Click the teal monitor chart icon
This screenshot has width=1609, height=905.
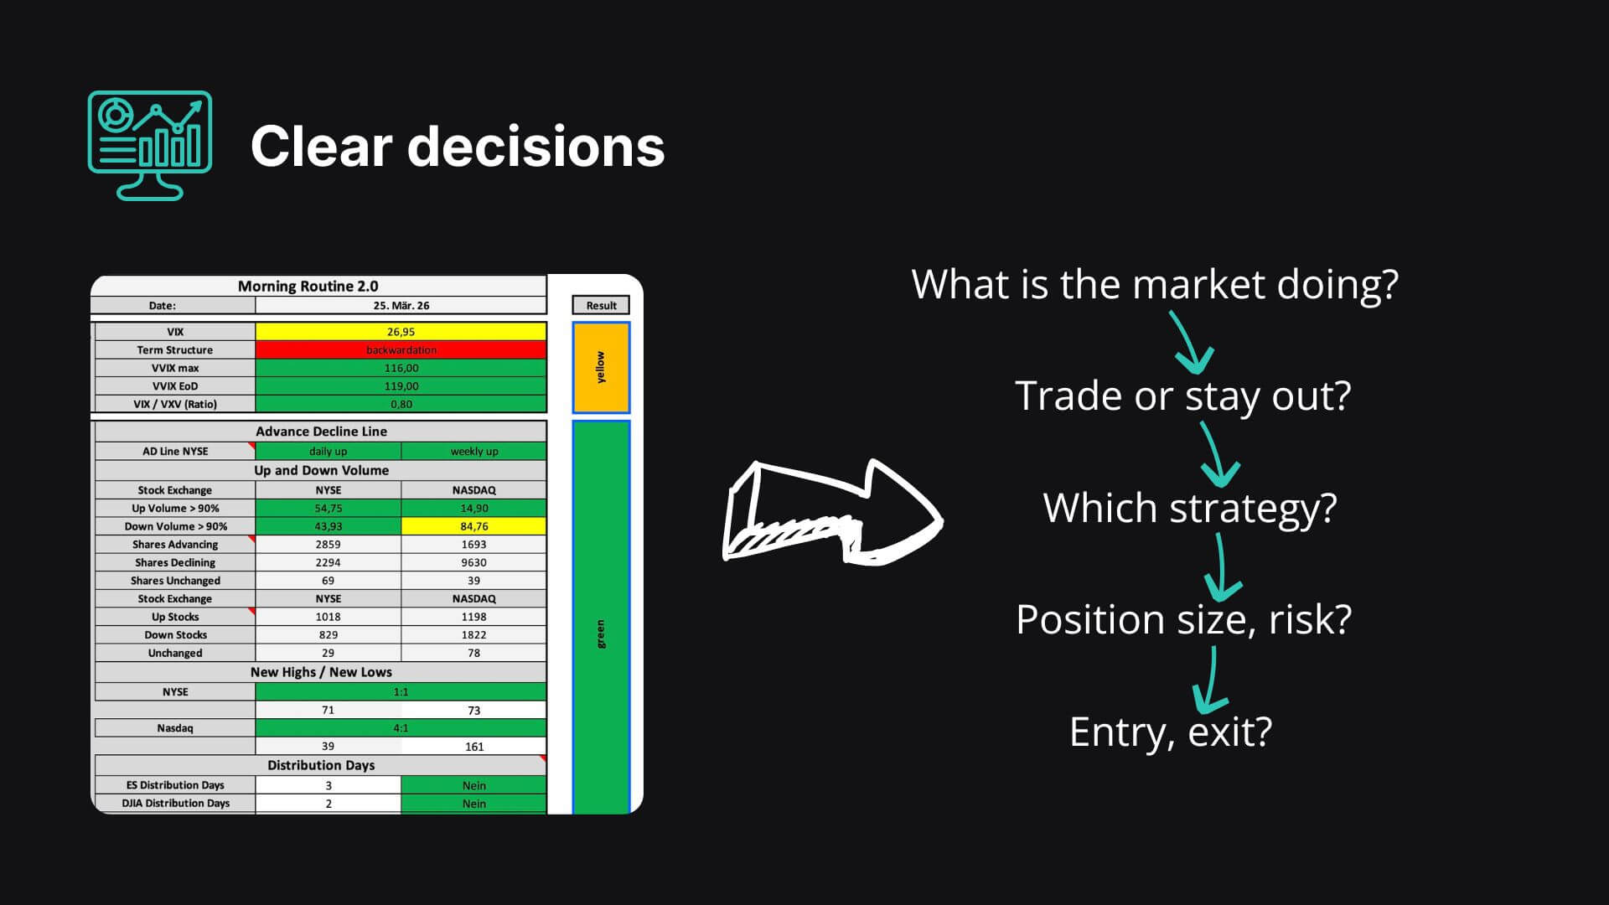click(150, 146)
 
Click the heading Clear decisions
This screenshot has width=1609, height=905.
click(458, 147)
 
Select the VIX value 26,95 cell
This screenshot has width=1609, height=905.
click(401, 332)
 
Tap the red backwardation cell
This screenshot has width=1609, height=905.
click(401, 350)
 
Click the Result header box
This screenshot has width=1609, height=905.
click(601, 306)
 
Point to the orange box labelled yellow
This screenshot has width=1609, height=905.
click(601, 368)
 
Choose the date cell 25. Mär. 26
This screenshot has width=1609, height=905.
click(401, 306)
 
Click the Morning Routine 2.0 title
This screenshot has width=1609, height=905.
click(308, 286)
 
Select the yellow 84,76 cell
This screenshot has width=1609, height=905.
click(473, 526)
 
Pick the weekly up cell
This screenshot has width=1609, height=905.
click(473, 451)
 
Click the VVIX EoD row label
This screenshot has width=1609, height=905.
click(175, 386)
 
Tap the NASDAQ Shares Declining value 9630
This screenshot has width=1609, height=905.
click(473, 562)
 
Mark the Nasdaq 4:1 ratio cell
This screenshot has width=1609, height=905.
click(401, 728)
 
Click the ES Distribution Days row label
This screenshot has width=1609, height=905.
click(175, 785)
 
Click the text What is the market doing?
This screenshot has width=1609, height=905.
click(1155, 284)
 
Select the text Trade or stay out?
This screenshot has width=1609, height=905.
click(1183, 396)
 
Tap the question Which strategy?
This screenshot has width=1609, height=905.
click(1190, 508)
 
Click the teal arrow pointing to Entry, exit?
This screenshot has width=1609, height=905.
click(1210, 680)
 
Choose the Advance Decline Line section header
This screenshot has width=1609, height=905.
click(321, 432)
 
